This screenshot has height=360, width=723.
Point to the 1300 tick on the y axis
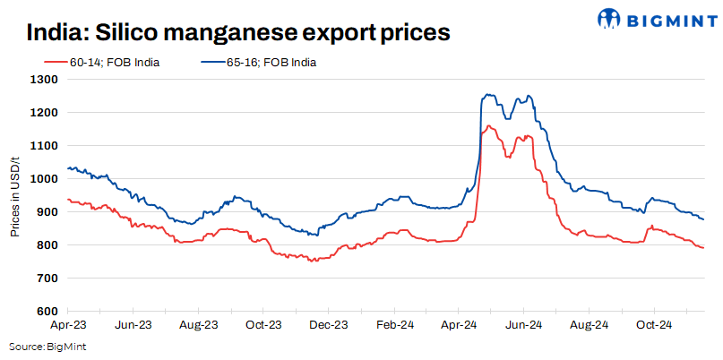click(44, 80)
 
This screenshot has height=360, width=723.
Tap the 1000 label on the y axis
click(44, 179)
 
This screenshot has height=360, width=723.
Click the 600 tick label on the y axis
click(47, 312)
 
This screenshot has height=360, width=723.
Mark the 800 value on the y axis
click(47, 245)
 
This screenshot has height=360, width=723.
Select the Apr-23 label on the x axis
click(68, 323)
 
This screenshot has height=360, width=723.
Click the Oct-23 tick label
click(263, 323)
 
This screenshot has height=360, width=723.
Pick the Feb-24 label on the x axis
click(393, 323)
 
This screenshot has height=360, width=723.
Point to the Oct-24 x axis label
click(653, 323)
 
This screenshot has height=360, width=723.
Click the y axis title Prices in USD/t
click(16, 195)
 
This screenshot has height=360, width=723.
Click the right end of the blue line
click(703, 219)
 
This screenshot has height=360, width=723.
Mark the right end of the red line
click(703, 247)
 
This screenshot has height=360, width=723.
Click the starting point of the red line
click(68, 199)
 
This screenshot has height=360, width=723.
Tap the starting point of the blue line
click(68, 168)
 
